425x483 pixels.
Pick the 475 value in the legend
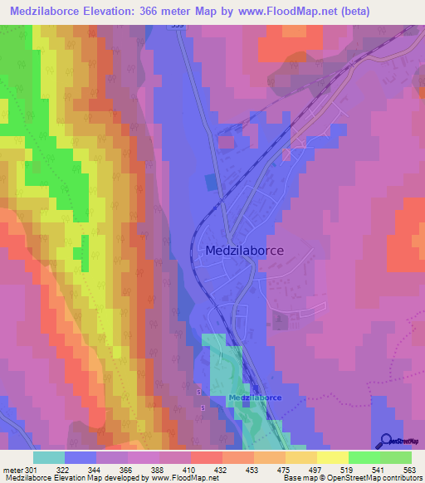(x=283, y=469)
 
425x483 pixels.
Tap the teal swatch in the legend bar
(x=49, y=457)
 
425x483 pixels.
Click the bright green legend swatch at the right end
(x=396, y=457)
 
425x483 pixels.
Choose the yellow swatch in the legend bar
(x=333, y=457)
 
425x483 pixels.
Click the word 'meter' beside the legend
(x=12, y=469)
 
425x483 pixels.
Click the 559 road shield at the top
(x=174, y=26)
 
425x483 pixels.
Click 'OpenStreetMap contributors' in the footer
(x=378, y=479)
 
